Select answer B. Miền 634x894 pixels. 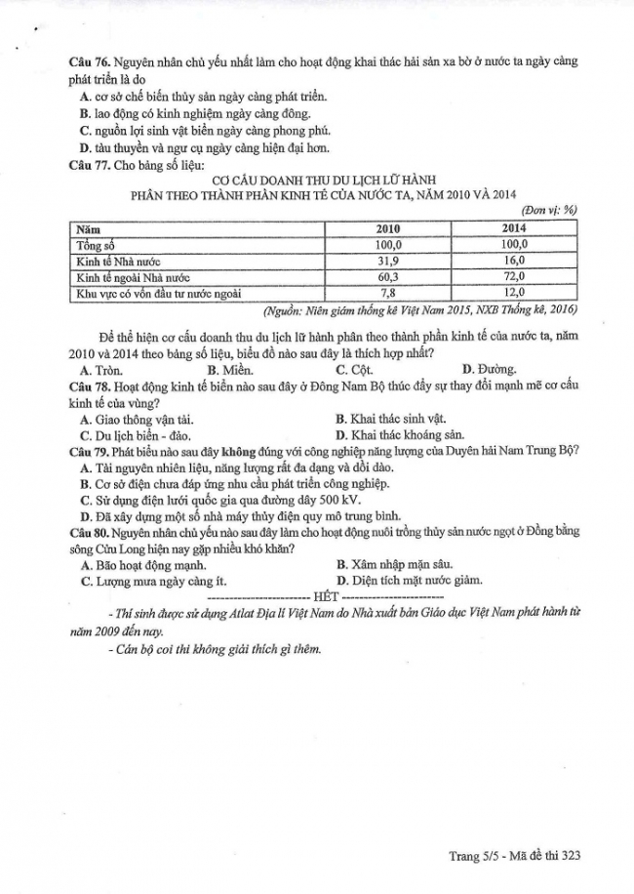point(230,370)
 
